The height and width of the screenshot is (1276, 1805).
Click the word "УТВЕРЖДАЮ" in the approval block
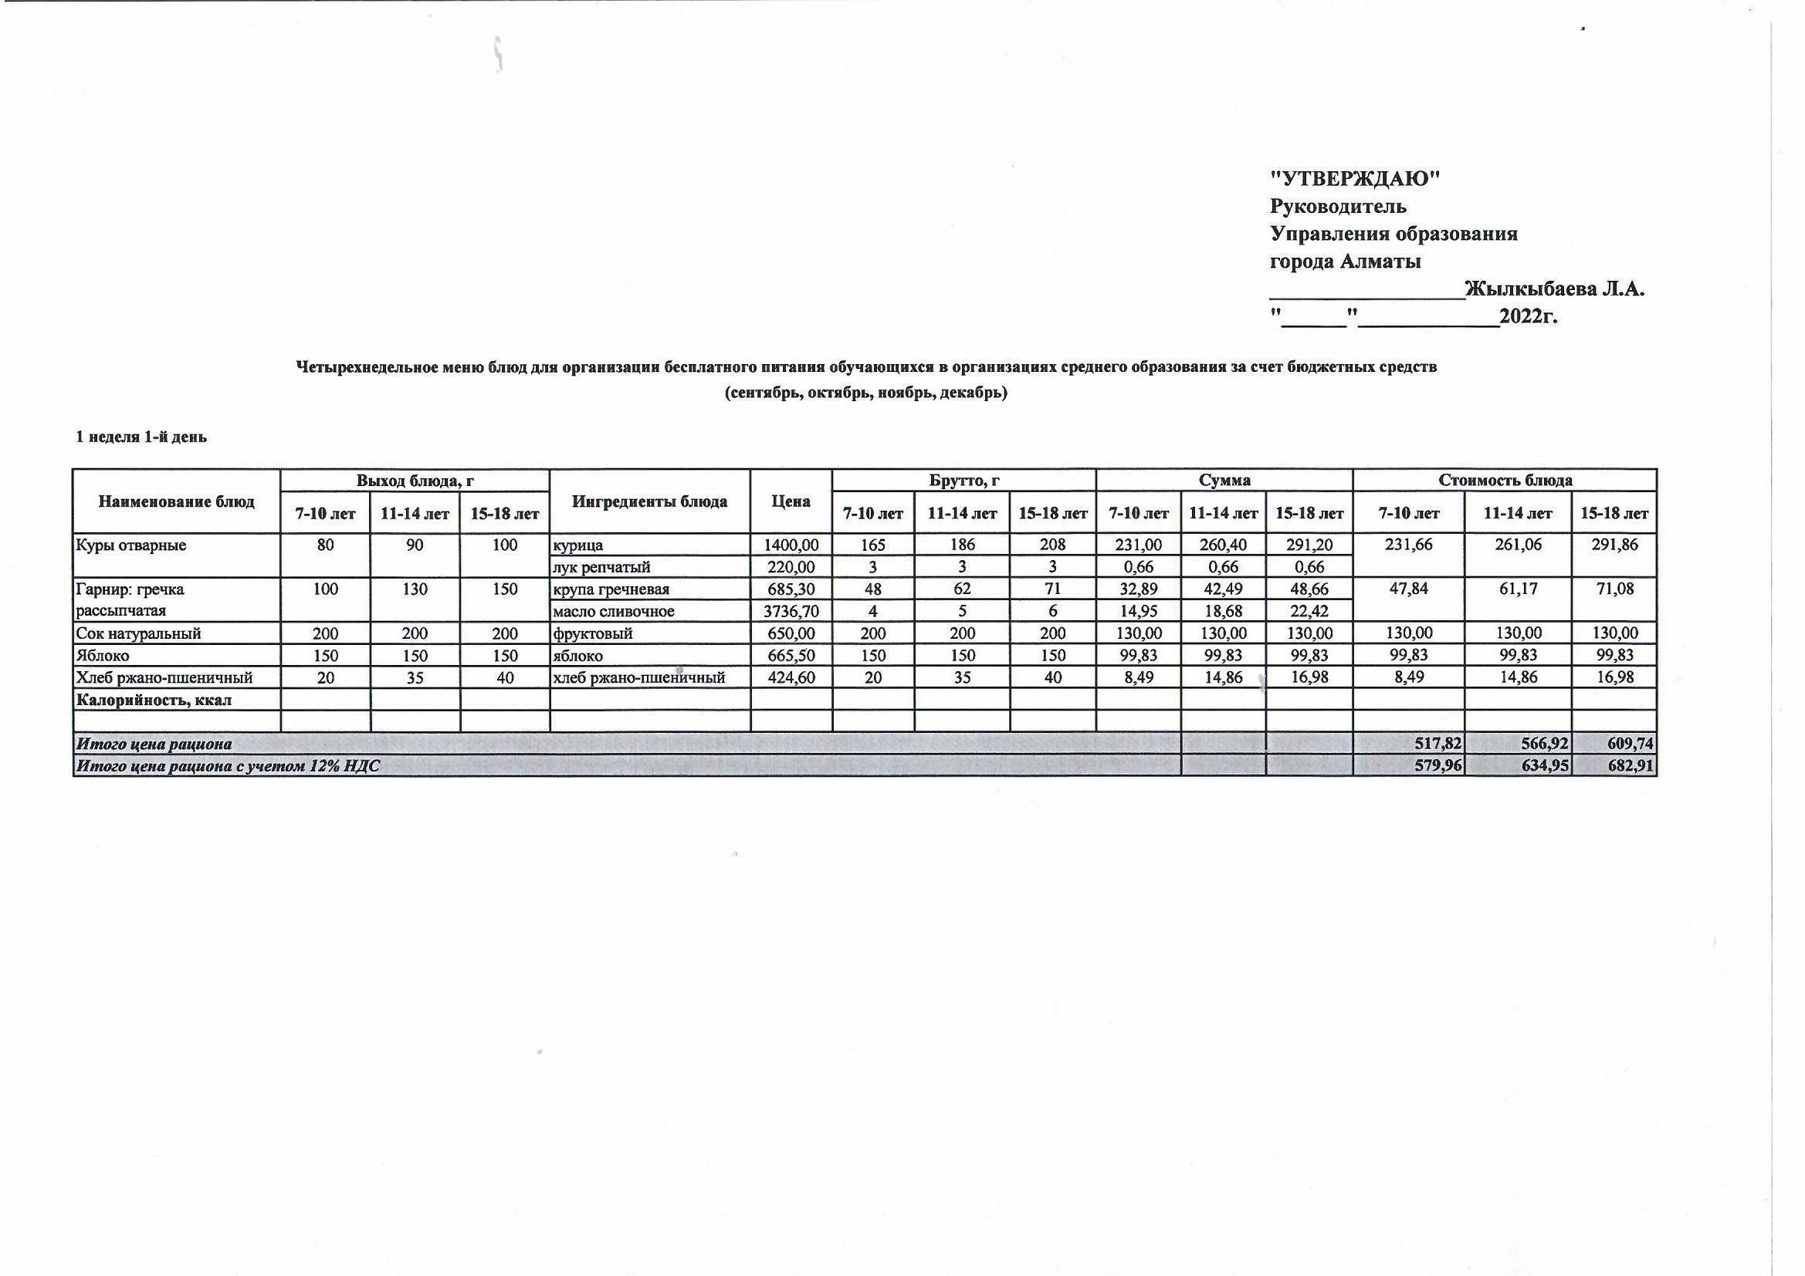click(x=1356, y=179)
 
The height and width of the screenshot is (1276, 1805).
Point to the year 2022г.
click(x=1529, y=316)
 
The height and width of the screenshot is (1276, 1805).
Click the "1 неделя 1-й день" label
click(x=141, y=437)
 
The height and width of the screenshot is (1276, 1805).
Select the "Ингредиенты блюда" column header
click(x=649, y=501)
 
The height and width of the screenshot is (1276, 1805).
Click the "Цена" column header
click(x=791, y=501)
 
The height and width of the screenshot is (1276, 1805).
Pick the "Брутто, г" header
click(x=963, y=480)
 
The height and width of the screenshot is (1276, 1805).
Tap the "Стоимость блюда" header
click(x=1505, y=480)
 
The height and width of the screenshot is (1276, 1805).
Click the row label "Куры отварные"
click(x=131, y=545)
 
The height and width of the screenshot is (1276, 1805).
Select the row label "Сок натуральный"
click(x=138, y=633)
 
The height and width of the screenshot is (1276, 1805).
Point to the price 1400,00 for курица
click(x=790, y=545)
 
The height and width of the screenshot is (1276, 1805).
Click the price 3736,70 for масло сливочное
click(x=790, y=611)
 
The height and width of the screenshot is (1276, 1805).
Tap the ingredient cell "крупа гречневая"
click(x=611, y=589)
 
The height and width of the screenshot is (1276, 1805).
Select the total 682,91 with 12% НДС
click(x=1631, y=765)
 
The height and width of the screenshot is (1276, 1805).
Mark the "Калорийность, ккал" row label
click(x=154, y=699)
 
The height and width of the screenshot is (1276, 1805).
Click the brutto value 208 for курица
click(x=1052, y=545)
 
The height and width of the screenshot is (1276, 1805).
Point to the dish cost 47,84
click(x=1408, y=589)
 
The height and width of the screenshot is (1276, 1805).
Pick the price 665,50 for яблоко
click(x=790, y=655)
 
